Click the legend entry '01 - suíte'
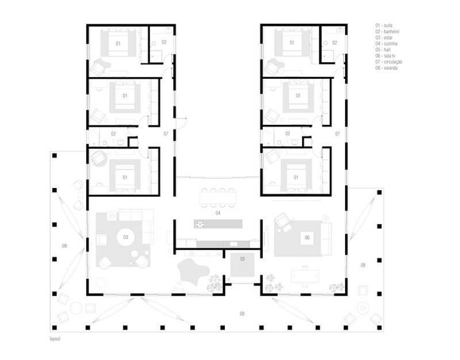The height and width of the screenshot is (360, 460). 384,26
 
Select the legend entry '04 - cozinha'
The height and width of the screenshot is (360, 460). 385,43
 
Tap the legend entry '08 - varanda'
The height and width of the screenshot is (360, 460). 386,68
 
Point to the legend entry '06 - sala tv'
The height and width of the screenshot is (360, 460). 385,56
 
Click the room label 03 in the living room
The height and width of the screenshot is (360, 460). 125,236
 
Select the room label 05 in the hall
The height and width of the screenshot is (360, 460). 243,259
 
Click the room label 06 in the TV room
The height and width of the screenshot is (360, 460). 306,237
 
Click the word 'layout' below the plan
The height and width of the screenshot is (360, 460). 55,339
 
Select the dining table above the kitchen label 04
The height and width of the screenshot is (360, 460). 218,197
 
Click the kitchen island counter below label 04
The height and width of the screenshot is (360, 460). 218,223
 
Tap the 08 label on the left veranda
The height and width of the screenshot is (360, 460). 64,246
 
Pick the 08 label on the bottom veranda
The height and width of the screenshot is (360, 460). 243,313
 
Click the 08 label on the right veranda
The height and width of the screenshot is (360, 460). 363,265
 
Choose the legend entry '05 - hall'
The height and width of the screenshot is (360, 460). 382,49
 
